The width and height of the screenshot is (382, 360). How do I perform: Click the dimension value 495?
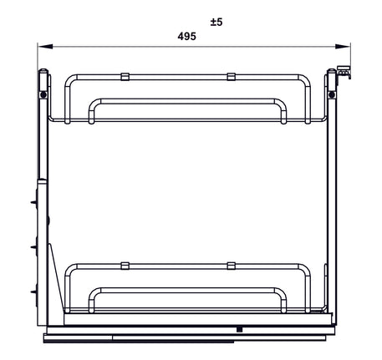pos(187,37)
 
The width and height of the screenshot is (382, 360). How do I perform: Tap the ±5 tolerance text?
pos(216,22)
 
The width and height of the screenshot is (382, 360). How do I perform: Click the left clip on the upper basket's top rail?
pos(125,77)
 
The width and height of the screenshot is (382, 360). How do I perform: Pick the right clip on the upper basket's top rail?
pos(230,77)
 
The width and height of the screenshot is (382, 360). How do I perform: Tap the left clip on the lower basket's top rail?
pos(125,266)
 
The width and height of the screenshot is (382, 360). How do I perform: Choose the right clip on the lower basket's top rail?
pos(230,266)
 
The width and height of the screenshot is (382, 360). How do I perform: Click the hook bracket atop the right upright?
pos(344,74)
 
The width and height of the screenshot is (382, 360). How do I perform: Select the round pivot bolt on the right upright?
pos(334,95)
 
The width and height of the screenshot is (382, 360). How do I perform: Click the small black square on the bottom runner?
pos(238,330)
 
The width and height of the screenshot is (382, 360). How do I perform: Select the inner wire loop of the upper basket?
pos(187,102)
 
